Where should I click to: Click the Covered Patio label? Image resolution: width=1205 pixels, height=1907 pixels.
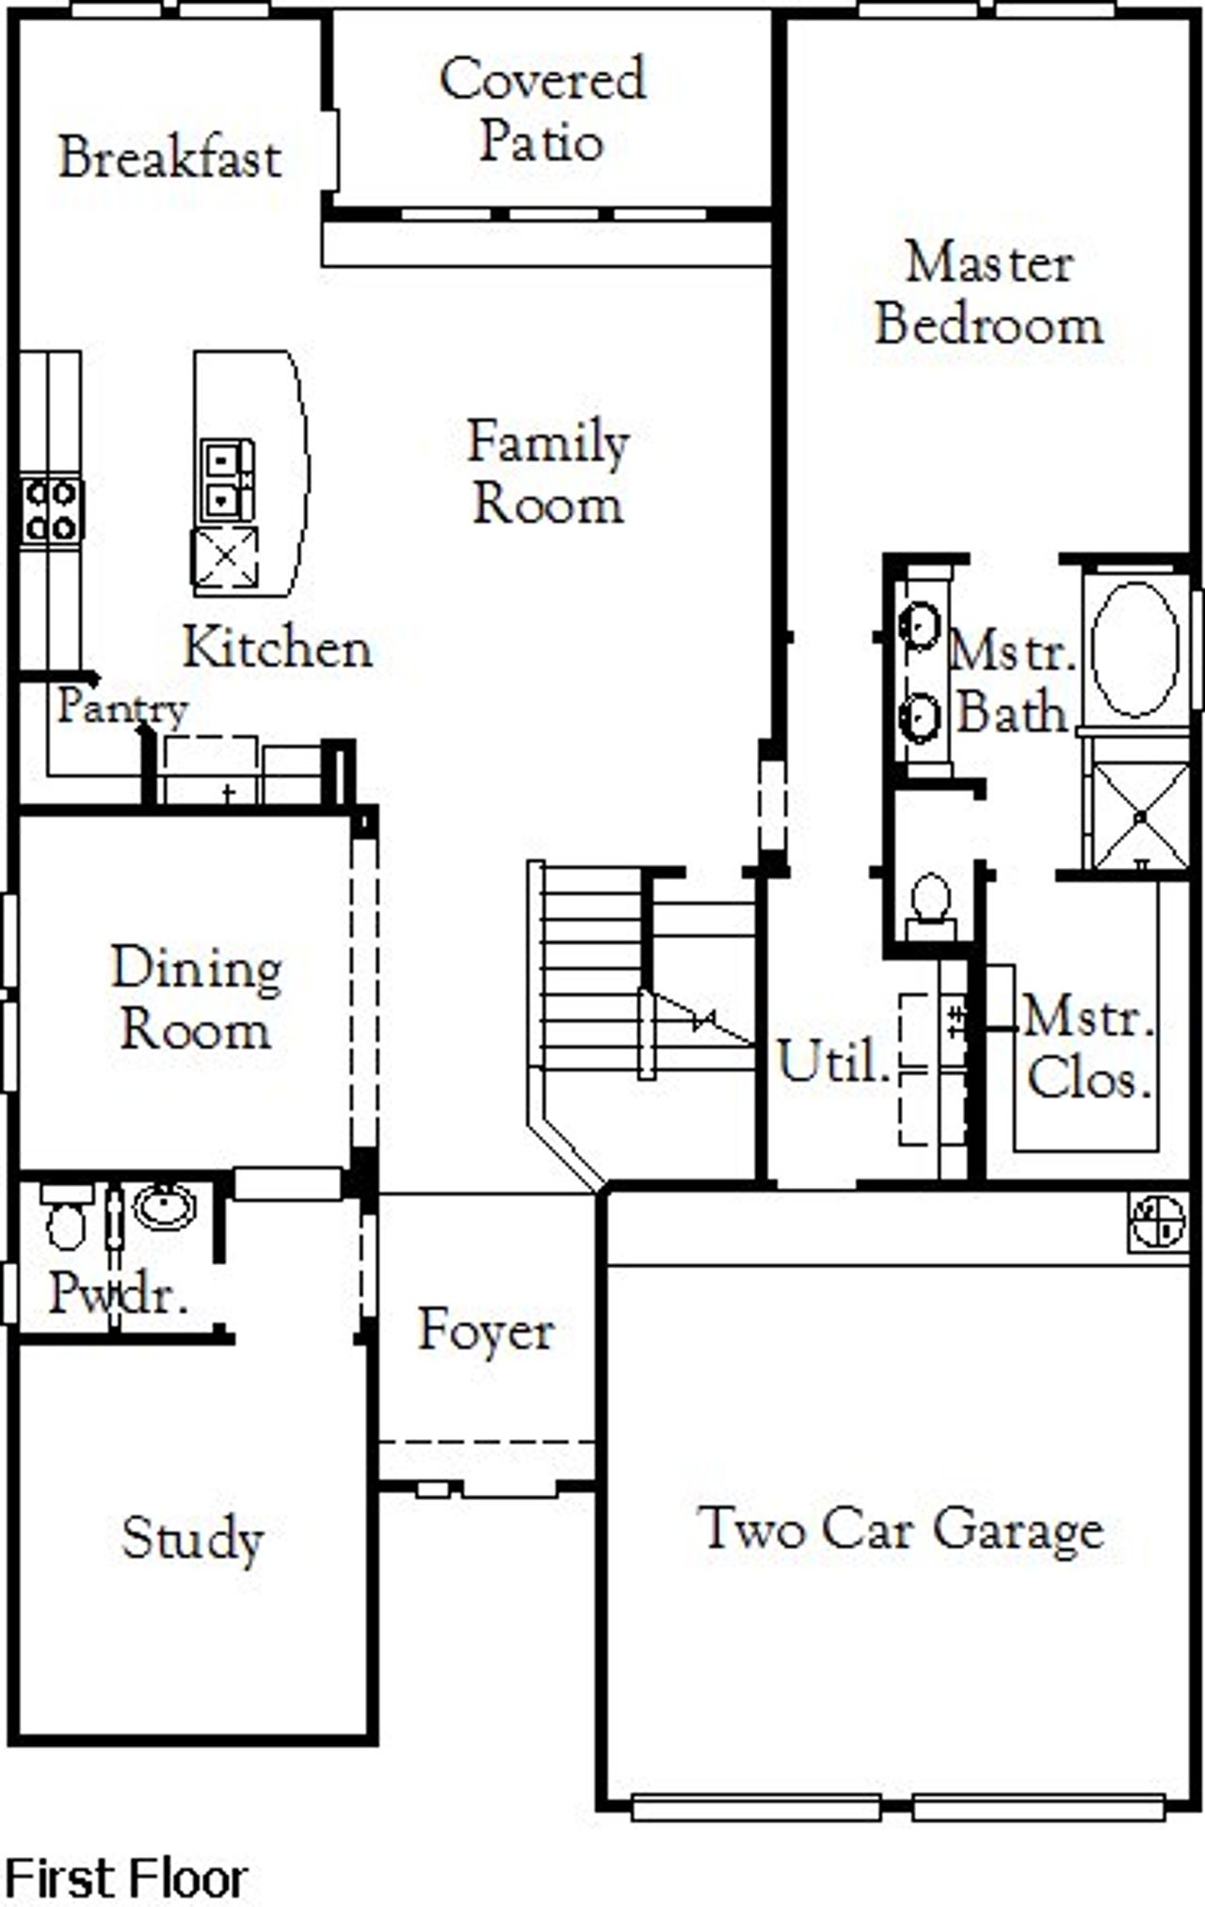542,110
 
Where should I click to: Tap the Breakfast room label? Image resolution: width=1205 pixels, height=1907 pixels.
169,157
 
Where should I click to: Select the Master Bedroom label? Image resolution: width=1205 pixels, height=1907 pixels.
988,294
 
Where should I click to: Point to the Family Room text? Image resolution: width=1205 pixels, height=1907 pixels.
548,473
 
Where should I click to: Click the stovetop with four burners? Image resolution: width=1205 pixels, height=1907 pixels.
51,510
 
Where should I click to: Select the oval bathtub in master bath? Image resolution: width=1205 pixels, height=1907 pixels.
1134,649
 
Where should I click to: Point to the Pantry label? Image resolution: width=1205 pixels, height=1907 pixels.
121,708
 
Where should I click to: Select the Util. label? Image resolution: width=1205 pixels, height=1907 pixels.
833,1063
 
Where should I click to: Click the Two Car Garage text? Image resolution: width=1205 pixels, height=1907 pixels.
902,1529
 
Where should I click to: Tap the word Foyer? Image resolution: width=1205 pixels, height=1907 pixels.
486,1331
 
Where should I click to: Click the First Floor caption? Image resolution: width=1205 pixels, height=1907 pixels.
127,1878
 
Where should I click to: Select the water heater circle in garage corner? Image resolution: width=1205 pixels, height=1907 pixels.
1157,1223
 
